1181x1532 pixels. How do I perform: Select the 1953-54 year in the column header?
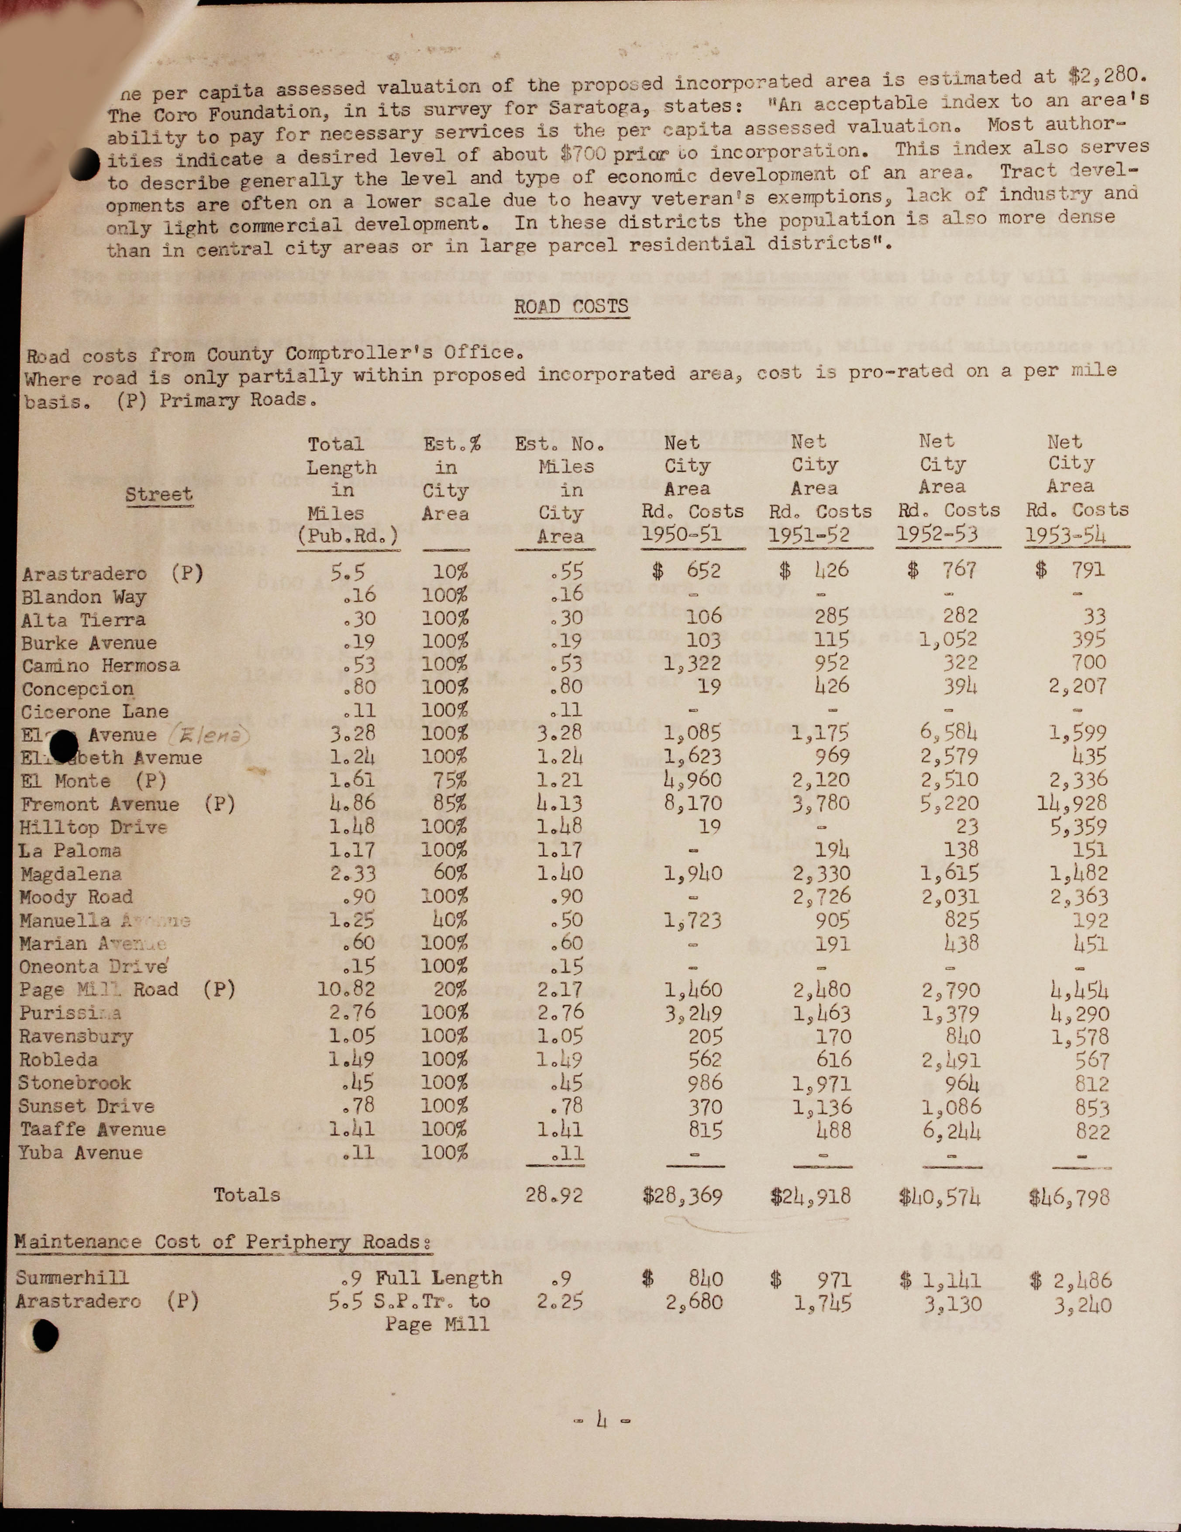click(1065, 535)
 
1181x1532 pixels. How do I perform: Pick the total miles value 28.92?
click(554, 1194)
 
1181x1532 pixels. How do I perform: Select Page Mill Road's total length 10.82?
click(346, 990)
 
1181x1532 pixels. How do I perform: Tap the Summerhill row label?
click(73, 1277)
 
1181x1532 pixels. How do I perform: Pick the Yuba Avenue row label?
click(81, 1152)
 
